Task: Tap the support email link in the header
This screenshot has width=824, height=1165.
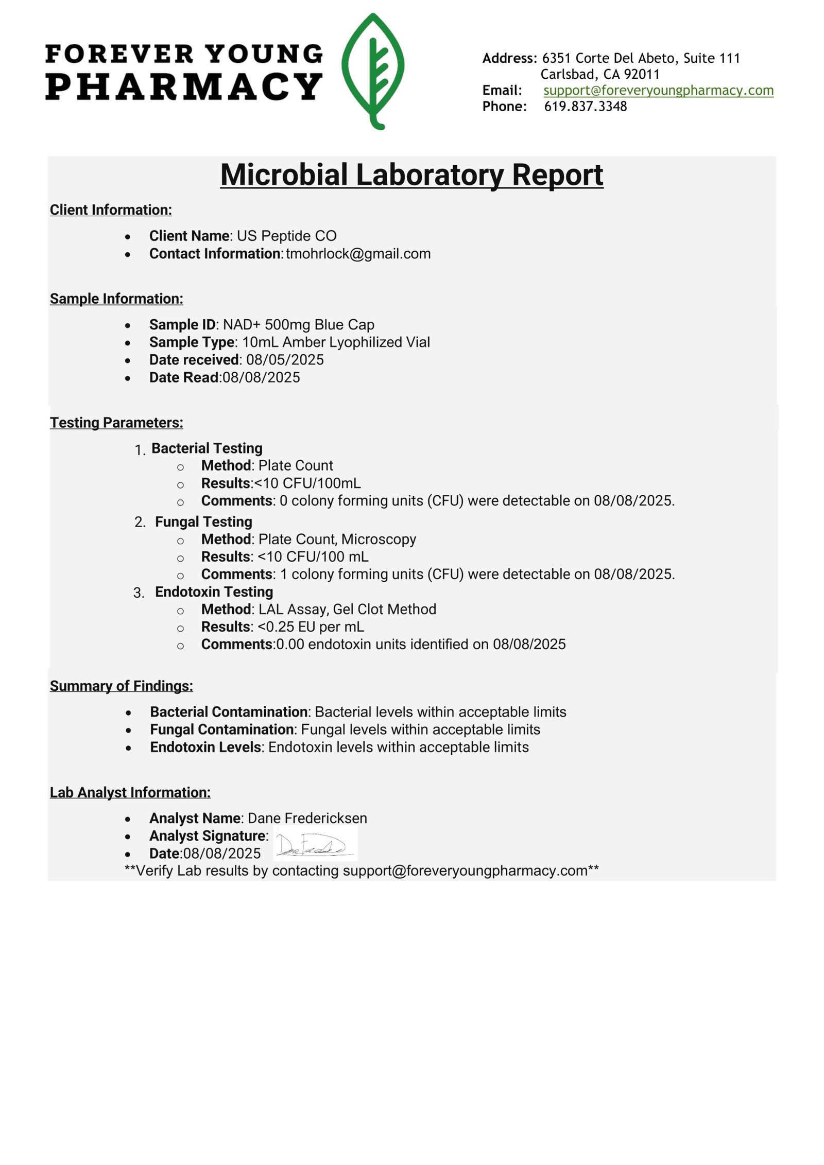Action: click(x=658, y=90)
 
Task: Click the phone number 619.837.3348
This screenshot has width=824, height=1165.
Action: click(x=586, y=107)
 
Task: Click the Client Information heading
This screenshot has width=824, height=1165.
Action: click(x=111, y=210)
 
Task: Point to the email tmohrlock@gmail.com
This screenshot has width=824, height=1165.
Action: click(x=358, y=254)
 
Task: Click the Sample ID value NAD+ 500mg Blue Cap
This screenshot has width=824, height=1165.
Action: click(x=298, y=325)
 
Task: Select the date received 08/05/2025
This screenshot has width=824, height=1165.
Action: click(x=285, y=360)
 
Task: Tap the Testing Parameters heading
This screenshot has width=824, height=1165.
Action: click(x=116, y=423)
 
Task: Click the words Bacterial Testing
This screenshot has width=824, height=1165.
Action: click(x=207, y=448)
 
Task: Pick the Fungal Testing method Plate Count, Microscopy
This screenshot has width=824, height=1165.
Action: click(x=337, y=539)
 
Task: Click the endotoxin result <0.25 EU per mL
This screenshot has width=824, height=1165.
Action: click(x=311, y=627)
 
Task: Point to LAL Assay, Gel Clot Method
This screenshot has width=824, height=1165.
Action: click(x=347, y=610)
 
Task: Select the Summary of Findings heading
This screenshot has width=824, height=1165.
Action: click(x=122, y=686)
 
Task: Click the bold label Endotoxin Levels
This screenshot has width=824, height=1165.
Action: click(x=205, y=747)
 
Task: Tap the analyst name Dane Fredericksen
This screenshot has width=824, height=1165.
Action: click(x=307, y=819)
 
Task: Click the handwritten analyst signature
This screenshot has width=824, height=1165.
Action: click(x=315, y=845)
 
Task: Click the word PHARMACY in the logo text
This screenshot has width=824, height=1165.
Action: click(x=184, y=86)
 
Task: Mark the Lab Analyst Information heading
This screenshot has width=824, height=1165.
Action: click(x=130, y=793)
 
